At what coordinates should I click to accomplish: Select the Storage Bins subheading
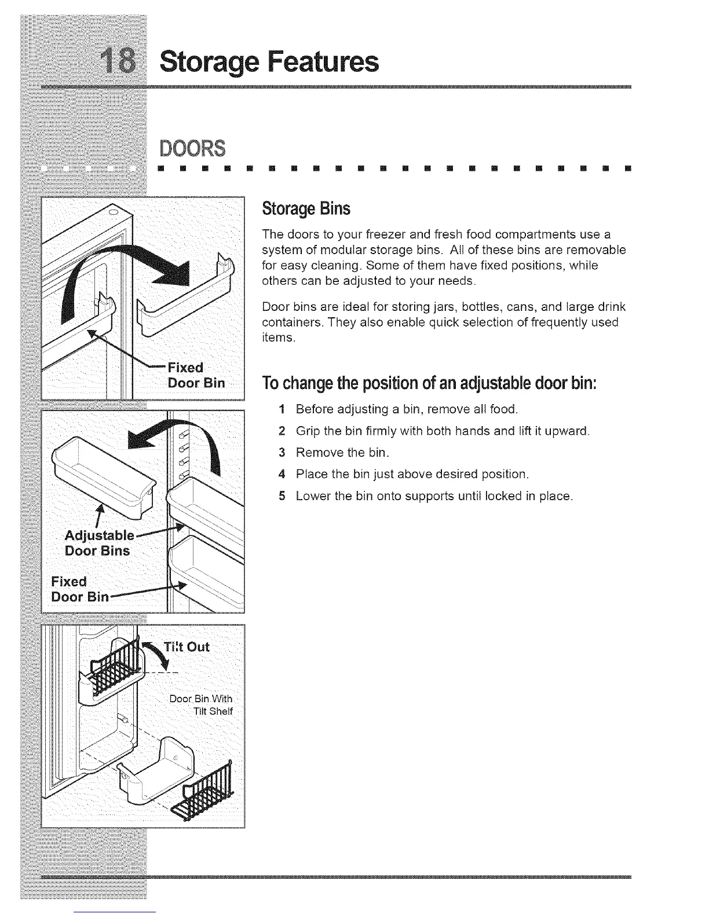(x=306, y=208)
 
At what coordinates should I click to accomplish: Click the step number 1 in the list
(x=281, y=410)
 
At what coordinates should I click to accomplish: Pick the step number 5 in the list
(x=281, y=497)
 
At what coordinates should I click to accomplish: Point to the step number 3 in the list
(x=281, y=453)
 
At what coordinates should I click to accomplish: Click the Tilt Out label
(x=187, y=647)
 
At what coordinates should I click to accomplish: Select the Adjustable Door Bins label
(x=98, y=542)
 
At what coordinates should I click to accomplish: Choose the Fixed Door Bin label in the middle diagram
(x=75, y=589)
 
